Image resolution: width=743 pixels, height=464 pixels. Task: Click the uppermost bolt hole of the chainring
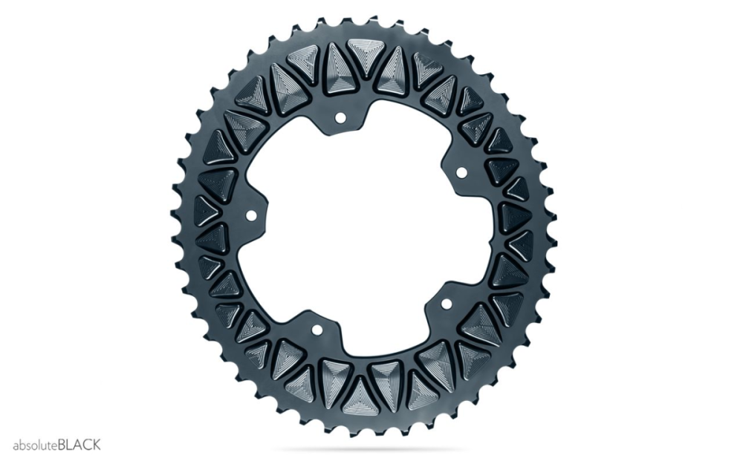[x=341, y=117]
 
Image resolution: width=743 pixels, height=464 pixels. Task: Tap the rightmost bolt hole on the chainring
[x=460, y=173]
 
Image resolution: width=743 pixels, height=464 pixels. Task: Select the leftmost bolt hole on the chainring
[x=250, y=216]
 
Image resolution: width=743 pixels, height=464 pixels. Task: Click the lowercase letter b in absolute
[x=22, y=445]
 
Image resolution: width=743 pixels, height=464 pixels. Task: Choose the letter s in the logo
[x=27, y=446]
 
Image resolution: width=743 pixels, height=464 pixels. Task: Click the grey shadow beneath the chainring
[x=364, y=448]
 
